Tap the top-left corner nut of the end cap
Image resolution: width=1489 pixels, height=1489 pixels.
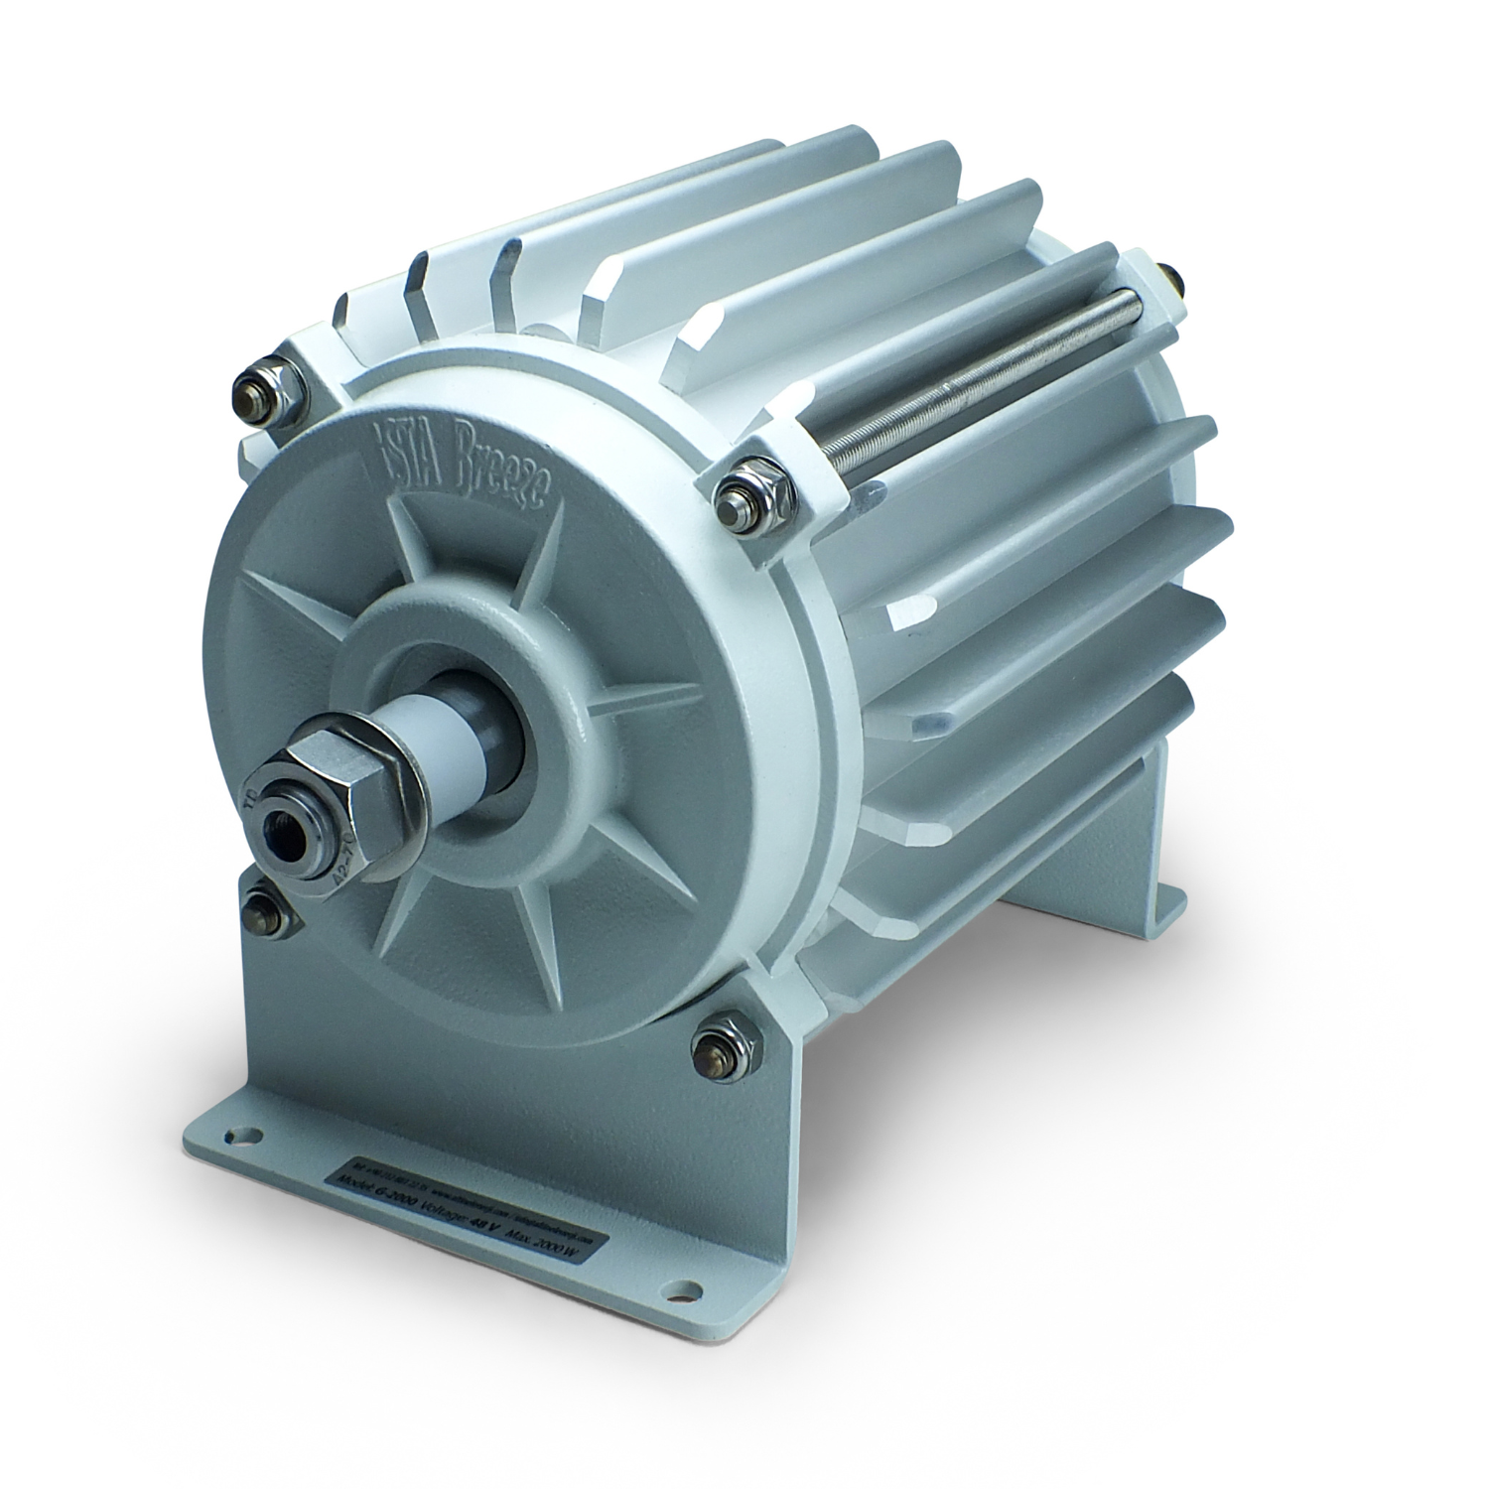(261, 390)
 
